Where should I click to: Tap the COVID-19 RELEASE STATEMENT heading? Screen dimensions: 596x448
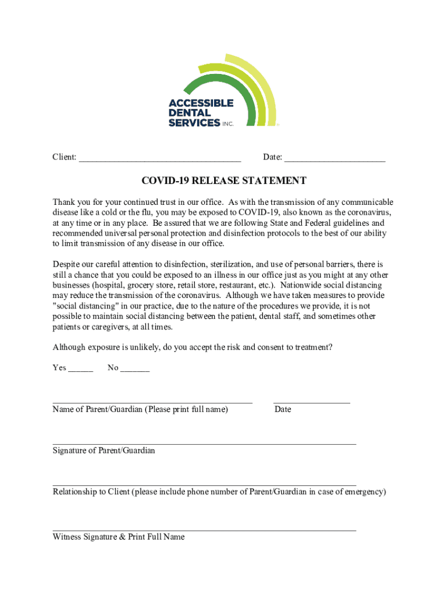point(224,181)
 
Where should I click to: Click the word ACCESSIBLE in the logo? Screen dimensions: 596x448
point(201,103)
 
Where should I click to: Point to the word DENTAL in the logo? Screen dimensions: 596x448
point(190,113)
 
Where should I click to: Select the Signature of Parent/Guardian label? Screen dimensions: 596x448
point(104,450)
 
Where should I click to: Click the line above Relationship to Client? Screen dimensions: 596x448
point(204,484)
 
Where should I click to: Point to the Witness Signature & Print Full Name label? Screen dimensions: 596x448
point(119,537)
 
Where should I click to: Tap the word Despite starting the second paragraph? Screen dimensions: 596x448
point(67,264)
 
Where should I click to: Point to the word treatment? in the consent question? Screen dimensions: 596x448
point(314,347)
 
